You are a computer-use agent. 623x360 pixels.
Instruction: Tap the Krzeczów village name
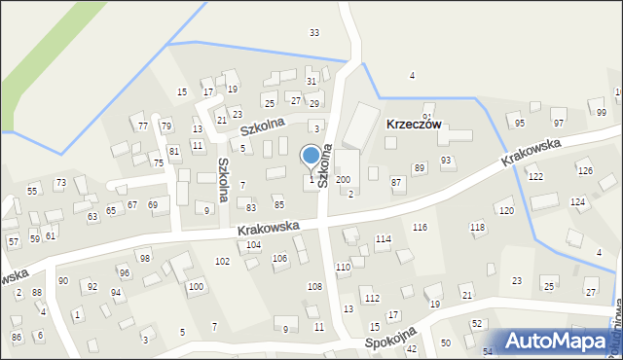pyautogui.click(x=414, y=125)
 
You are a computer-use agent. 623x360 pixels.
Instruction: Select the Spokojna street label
pyautogui.click(x=392, y=338)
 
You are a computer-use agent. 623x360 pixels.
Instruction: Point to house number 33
pyautogui.click(x=313, y=33)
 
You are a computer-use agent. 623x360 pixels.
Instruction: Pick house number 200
pyautogui.click(x=343, y=180)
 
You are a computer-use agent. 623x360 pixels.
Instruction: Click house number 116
pyautogui.click(x=420, y=227)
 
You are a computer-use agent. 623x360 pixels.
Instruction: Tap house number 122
pyautogui.click(x=534, y=176)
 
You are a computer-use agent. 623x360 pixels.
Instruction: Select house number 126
pyautogui.click(x=584, y=171)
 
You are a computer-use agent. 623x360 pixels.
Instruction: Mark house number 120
pyautogui.click(x=505, y=210)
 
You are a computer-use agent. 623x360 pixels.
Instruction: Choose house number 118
pyautogui.click(x=477, y=227)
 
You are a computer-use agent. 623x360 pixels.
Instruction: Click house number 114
pyautogui.click(x=384, y=238)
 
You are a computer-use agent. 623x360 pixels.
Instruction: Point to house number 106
pyautogui.click(x=279, y=258)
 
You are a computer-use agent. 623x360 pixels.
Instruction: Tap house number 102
pyautogui.click(x=222, y=262)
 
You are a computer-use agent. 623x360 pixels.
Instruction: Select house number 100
pyautogui.click(x=196, y=286)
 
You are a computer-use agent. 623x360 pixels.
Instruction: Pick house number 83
pyautogui.click(x=251, y=207)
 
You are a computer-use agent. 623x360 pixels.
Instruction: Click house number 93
pyautogui.click(x=446, y=161)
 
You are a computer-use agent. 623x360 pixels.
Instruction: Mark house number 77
pyautogui.click(x=143, y=126)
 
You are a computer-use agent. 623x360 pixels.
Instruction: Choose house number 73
pyautogui.click(x=60, y=183)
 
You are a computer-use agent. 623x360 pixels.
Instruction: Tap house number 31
pyautogui.click(x=311, y=81)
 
